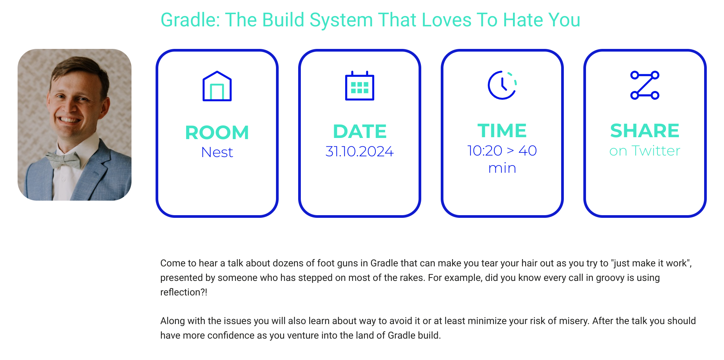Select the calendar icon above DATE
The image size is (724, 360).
click(x=360, y=86)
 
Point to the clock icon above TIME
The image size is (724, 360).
click(x=502, y=85)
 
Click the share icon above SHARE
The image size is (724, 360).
click(x=645, y=85)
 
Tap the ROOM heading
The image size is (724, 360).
click(x=217, y=133)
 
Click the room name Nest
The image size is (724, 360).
click(x=217, y=152)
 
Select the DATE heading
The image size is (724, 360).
click(x=360, y=131)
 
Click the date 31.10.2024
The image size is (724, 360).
click(x=360, y=151)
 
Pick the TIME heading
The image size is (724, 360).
click(x=502, y=131)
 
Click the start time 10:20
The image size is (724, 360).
click(x=485, y=151)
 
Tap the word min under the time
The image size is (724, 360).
click(x=502, y=168)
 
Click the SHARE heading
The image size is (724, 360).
click(x=645, y=131)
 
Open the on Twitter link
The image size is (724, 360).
click(x=645, y=151)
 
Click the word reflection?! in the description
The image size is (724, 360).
click(x=184, y=292)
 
